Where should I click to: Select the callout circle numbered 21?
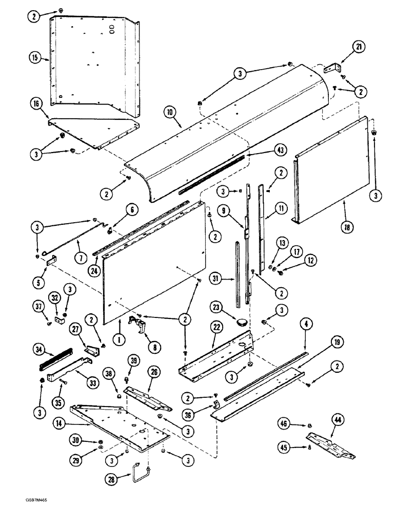358,48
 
